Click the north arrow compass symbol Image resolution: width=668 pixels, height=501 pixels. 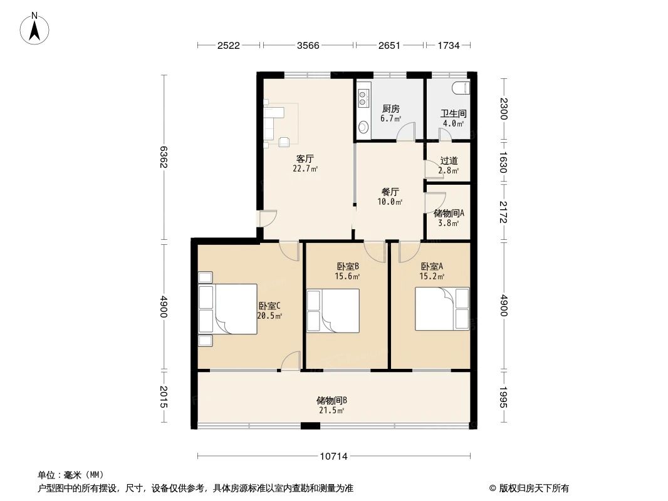pos(34,29)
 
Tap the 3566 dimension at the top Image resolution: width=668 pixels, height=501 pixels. pos(308,45)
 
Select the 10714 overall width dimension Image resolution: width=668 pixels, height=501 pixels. pos(334,457)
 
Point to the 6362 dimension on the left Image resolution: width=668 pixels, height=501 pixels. pos(163,157)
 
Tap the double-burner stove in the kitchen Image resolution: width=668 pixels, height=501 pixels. pos(363,98)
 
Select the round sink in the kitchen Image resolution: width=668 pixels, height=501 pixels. pos(363,127)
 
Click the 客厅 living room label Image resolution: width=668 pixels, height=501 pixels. pos(305,159)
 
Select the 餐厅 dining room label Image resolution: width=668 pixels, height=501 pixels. pos(390,192)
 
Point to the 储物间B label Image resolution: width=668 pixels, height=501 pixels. pos(331,400)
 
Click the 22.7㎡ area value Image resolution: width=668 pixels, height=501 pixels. pos(305,168)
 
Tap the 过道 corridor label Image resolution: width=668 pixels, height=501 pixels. pos(449,161)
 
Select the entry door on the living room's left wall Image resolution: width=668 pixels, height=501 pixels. pos(268,219)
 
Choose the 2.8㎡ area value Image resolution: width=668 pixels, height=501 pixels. pos(449,171)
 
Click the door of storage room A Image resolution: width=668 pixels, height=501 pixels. pos(436,202)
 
